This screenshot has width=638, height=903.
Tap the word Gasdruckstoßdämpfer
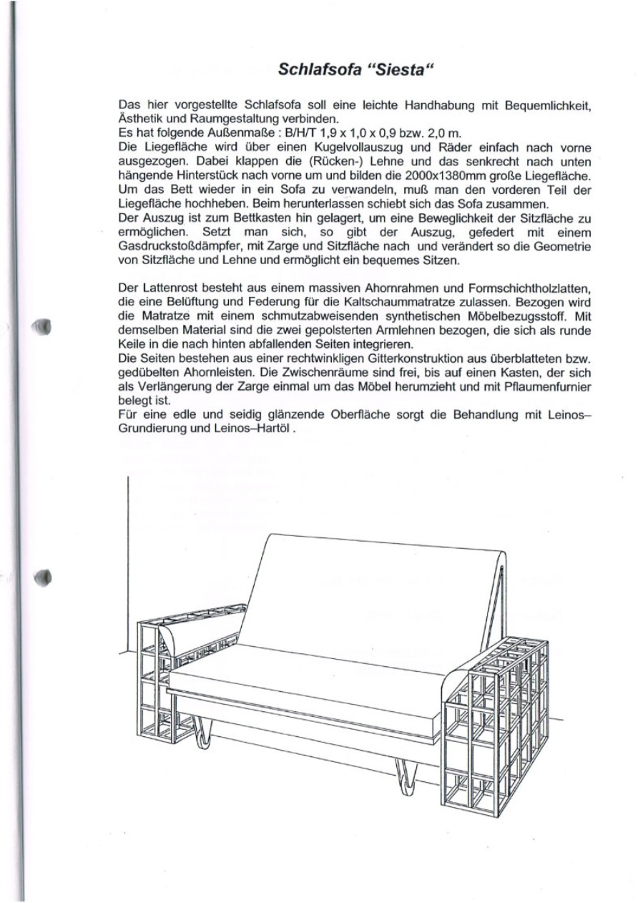(173, 245)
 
